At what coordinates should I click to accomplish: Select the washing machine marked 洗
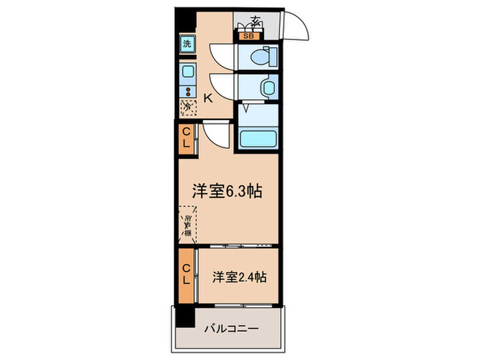tap(187, 44)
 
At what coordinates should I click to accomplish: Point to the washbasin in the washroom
tap(267, 87)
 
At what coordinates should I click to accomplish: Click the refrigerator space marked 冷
tap(187, 106)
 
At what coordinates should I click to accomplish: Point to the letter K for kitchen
tap(208, 98)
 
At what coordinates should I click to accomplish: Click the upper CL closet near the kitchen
tap(186, 139)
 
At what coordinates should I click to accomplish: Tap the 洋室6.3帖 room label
tap(226, 191)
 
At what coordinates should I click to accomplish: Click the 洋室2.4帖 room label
tap(239, 277)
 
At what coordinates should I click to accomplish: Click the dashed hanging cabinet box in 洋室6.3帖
tap(187, 224)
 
